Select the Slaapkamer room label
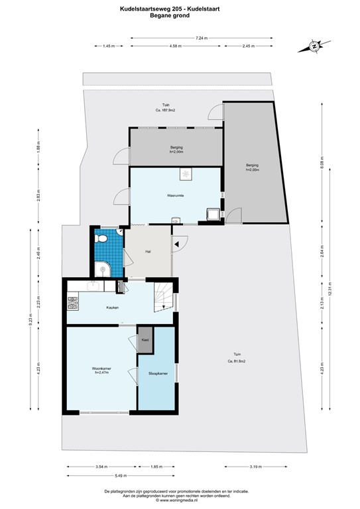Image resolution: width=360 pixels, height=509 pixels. point(158,374)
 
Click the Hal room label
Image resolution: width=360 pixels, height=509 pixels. point(148,251)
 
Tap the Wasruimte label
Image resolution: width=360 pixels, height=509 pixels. point(175,196)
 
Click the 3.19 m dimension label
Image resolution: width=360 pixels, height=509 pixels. point(255,467)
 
